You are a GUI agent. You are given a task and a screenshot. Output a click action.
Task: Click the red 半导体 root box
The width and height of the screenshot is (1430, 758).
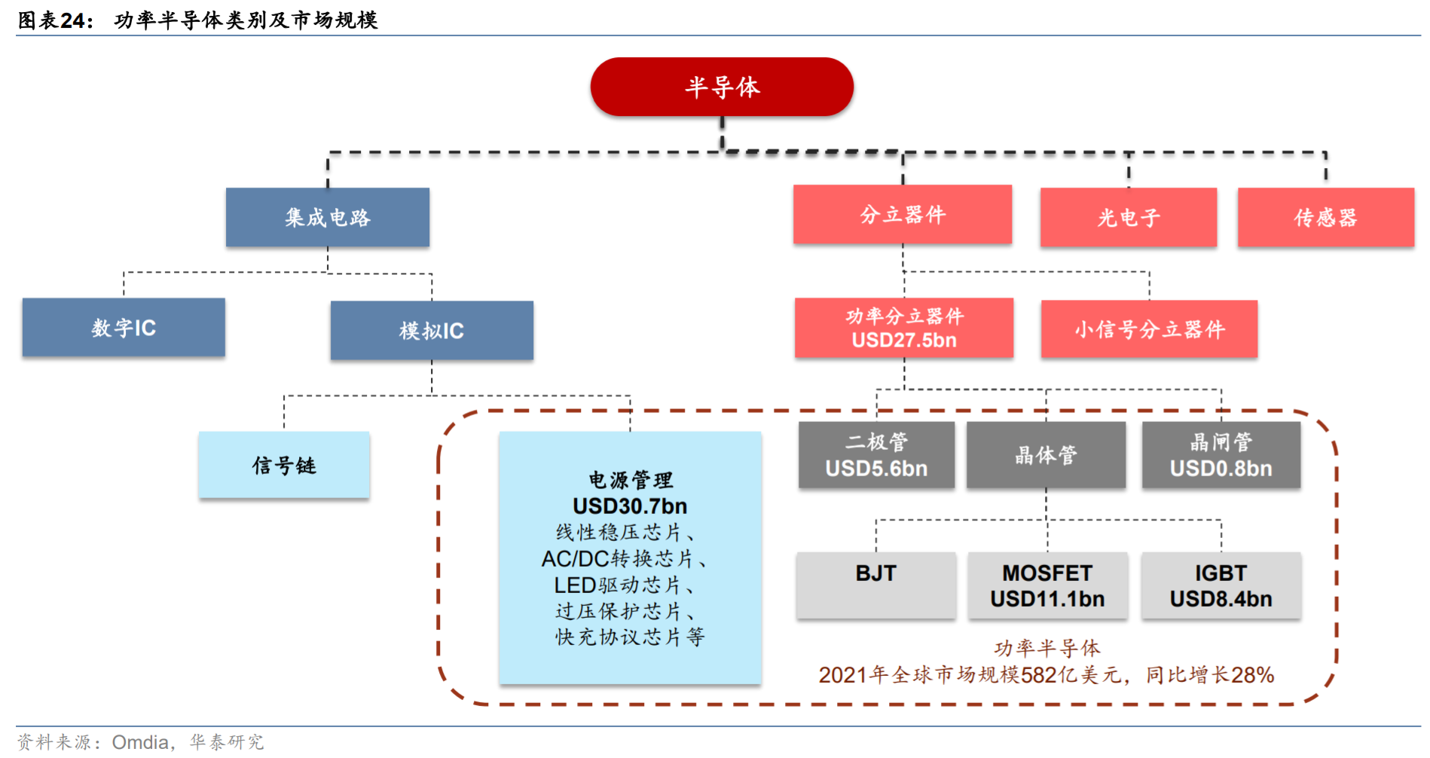[722, 87]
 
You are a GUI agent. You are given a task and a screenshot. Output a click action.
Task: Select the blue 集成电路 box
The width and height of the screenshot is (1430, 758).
[328, 218]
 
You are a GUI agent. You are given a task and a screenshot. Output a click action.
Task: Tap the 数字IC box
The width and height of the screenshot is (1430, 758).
[124, 328]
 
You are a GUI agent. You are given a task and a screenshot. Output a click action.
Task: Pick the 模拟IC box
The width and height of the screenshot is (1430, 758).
[432, 331]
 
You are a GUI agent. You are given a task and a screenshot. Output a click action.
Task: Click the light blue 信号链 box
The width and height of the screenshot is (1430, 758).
[284, 466]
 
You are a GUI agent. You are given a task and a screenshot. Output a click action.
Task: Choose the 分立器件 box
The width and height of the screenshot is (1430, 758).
[903, 215]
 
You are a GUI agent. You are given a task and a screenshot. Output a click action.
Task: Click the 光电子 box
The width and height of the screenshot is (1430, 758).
[1129, 218]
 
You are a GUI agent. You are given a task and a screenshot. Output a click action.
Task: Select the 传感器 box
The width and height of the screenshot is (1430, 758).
[1325, 218]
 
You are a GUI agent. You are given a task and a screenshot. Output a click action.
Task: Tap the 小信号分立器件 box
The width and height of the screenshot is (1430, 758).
[1149, 329]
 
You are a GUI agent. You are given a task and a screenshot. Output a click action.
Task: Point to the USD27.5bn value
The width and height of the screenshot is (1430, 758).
[904, 341]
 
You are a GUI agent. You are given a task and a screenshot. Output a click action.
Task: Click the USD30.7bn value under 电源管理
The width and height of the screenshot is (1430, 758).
[630, 506]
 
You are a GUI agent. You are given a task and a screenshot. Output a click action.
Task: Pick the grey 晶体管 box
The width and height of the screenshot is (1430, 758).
[1046, 455]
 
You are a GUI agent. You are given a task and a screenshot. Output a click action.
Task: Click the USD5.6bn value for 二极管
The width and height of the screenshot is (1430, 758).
[876, 469]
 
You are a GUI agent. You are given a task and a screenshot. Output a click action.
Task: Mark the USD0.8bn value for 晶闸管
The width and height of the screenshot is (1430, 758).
[1221, 469]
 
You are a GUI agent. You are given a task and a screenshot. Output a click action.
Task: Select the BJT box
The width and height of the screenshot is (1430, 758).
[875, 585]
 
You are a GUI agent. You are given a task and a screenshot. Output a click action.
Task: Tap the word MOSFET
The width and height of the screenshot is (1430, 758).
[1047, 573]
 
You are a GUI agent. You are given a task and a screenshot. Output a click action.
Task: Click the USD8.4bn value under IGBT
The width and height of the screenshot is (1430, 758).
[1221, 599]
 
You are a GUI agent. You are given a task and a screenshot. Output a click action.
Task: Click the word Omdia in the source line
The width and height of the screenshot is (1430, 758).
[140, 742]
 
